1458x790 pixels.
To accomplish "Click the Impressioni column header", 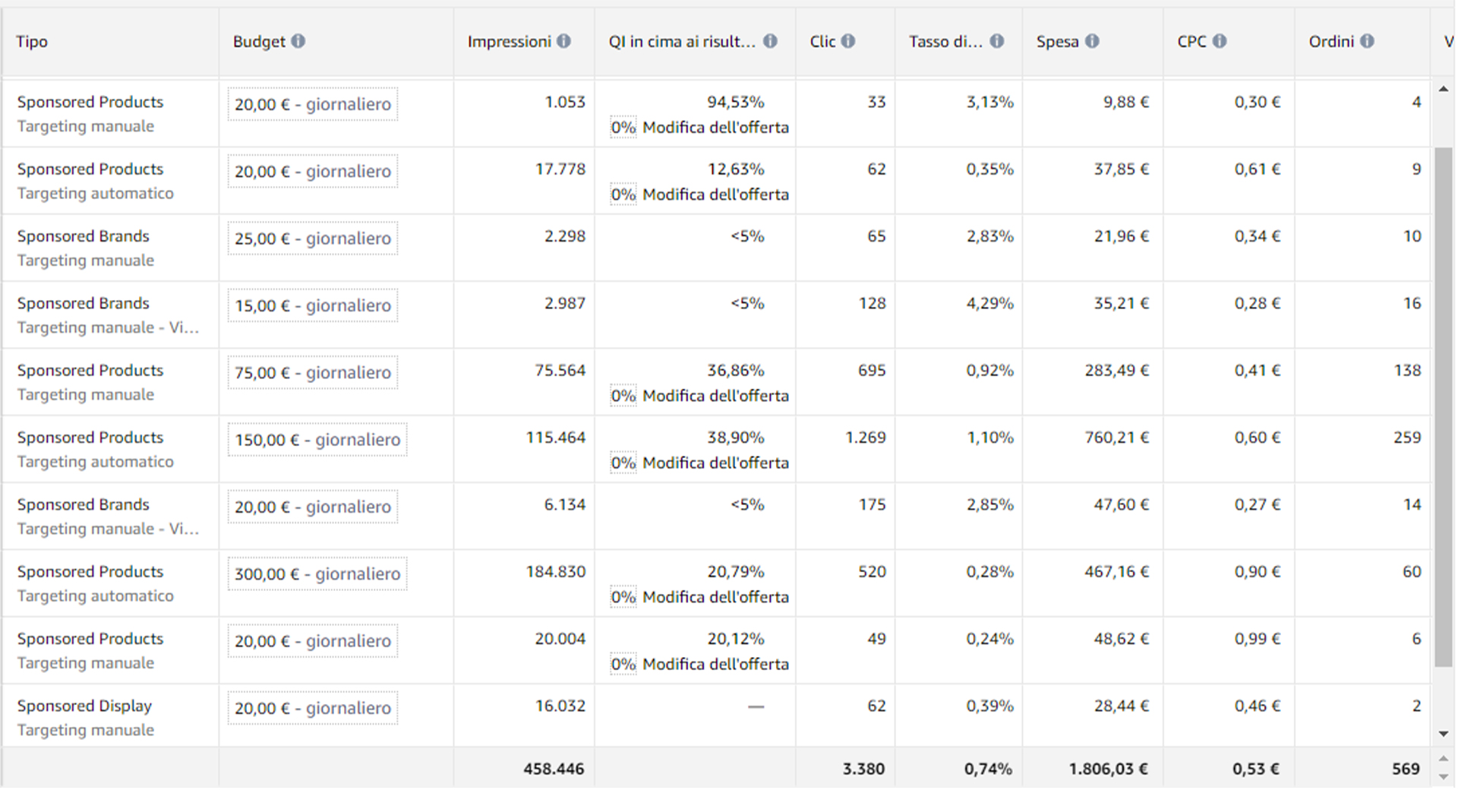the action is pyautogui.click(x=509, y=42).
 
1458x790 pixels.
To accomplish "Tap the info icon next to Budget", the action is pyautogui.click(x=298, y=41).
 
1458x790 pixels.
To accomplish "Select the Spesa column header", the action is pyautogui.click(x=1057, y=42).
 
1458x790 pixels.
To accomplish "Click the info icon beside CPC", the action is pyautogui.click(x=1220, y=41).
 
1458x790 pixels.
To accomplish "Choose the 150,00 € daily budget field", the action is pyautogui.click(x=317, y=440).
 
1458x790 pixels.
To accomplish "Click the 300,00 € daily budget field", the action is pyautogui.click(x=317, y=574).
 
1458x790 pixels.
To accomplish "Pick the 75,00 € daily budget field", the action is pyautogui.click(x=313, y=372).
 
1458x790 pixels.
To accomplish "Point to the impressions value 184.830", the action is pyautogui.click(x=556, y=572).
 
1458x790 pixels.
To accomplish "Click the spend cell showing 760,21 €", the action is pyautogui.click(x=1116, y=438).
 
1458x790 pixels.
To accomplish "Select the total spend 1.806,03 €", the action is pyautogui.click(x=1108, y=769).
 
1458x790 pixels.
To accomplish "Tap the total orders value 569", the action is pyautogui.click(x=1406, y=769).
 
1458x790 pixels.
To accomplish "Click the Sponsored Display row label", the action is pyautogui.click(x=84, y=706).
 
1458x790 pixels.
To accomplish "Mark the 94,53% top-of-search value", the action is pyautogui.click(x=735, y=102).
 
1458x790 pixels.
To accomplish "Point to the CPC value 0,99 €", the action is pyautogui.click(x=1258, y=639).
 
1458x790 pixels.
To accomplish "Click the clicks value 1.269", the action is pyautogui.click(x=866, y=438).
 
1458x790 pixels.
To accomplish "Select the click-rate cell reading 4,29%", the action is pyautogui.click(x=990, y=303).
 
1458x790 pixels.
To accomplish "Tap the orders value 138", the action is pyautogui.click(x=1407, y=370).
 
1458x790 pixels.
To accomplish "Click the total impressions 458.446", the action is pyautogui.click(x=554, y=769).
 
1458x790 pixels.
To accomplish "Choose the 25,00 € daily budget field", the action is pyautogui.click(x=313, y=239).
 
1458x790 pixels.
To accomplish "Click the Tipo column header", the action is pyautogui.click(x=32, y=42).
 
